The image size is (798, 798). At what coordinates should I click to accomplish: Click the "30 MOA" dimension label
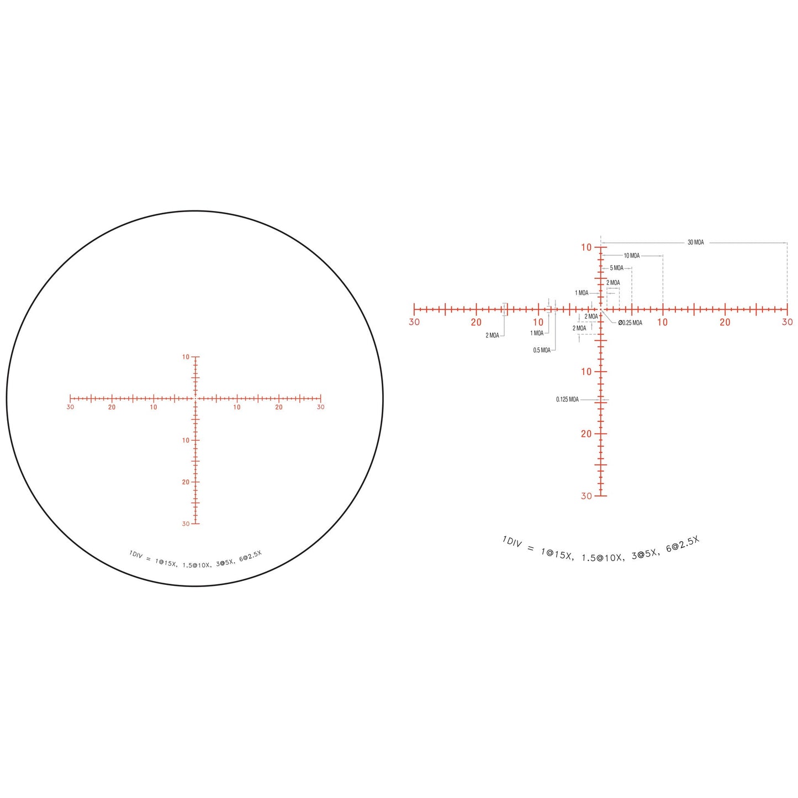[x=695, y=242]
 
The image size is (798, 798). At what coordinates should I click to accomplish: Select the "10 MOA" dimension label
[x=632, y=256]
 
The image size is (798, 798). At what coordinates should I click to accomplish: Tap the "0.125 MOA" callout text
[x=567, y=400]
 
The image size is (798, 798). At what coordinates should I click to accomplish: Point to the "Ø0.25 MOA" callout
[x=630, y=323]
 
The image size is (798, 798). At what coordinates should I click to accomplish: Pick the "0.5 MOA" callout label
[x=542, y=350]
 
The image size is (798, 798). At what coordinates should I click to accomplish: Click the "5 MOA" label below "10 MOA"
[x=616, y=268]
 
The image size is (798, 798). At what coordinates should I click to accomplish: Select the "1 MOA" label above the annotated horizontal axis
[x=582, y=293]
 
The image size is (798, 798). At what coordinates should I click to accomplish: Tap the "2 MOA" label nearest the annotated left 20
[x=492, y=335]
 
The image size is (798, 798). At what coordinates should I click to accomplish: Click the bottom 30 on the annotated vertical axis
[x=586, y=496]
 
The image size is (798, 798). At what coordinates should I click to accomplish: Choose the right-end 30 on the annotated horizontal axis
[x=788, y=322]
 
